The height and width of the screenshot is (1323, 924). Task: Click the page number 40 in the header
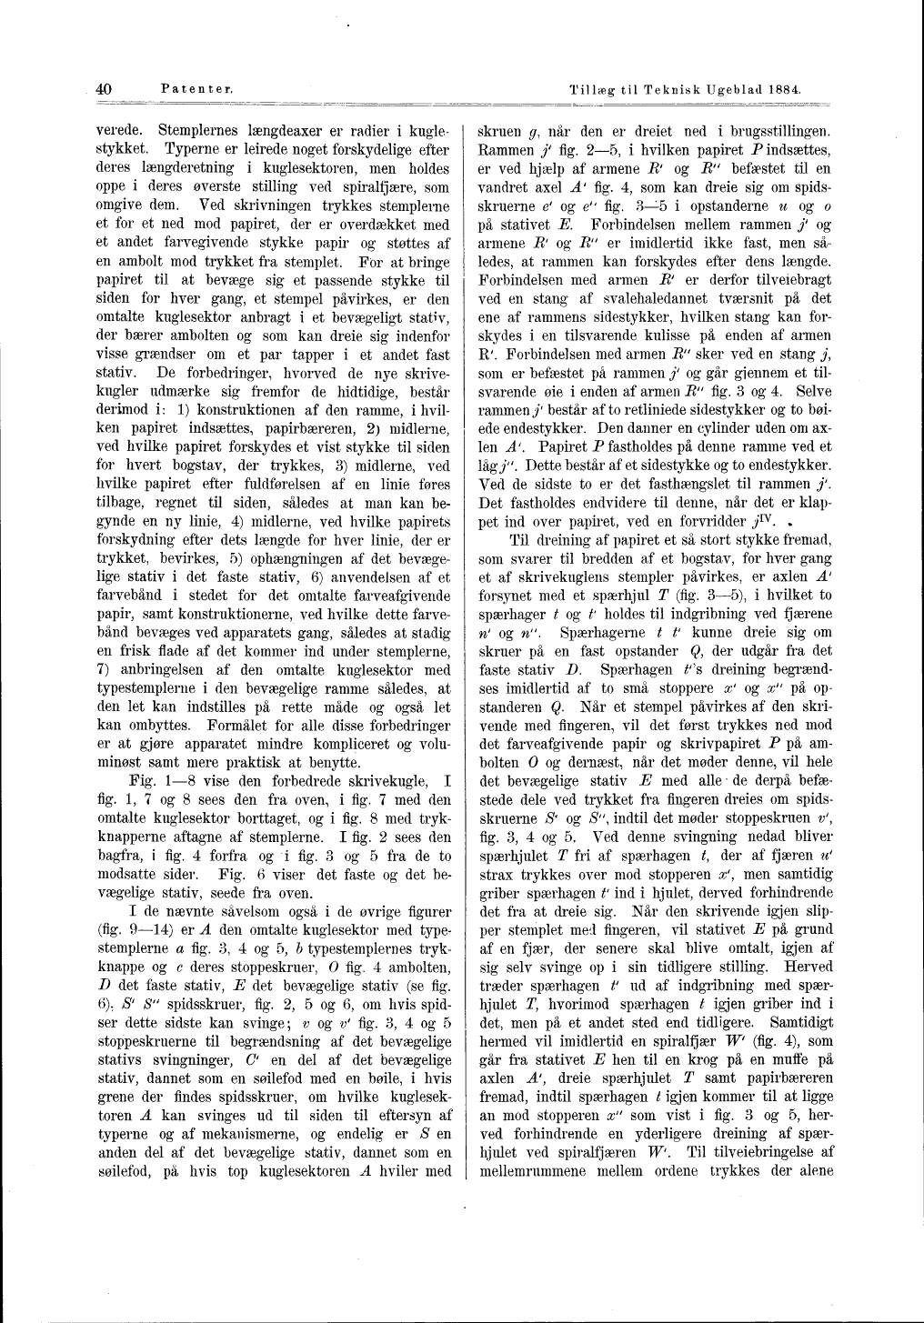(104, 89)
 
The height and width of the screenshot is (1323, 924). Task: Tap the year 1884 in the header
(784, 90)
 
